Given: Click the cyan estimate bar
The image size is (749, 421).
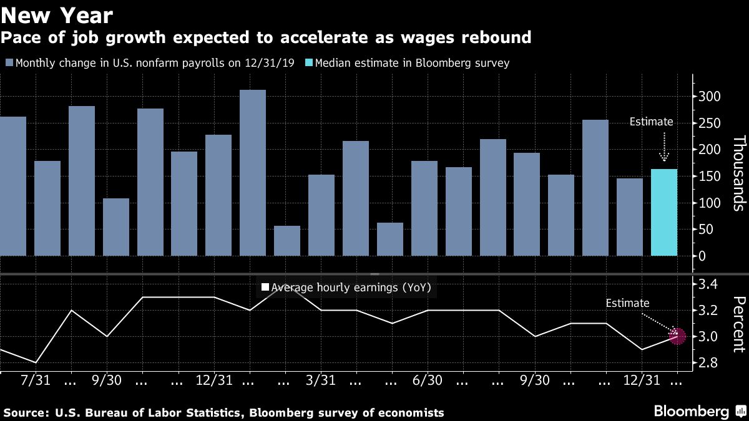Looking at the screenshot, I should (664, 212).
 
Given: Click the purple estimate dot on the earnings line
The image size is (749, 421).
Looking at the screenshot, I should (677, 336).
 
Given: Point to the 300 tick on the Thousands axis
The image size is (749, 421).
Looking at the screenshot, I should (708, 97).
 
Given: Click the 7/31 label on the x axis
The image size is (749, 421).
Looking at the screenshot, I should (36, 380).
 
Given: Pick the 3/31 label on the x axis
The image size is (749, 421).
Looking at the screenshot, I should (321, 380).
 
